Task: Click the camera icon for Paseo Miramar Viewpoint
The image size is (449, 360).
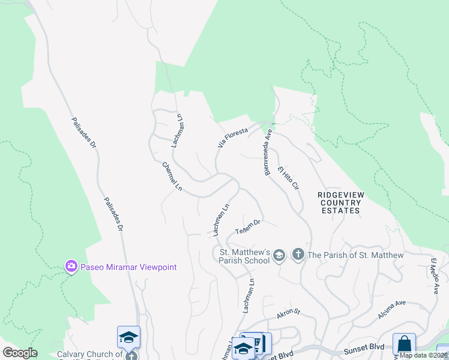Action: pos(71,266)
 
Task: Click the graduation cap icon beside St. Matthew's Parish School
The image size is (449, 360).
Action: pos(279,256)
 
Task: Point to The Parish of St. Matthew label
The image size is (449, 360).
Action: pos(356,255)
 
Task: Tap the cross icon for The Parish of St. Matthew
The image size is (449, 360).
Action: pos(298,255)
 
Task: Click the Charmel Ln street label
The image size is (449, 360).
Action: pos(172,176)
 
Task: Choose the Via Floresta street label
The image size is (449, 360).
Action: pos(233,137)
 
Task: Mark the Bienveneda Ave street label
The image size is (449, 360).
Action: pos(268,152)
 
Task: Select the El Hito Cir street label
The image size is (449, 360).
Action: pos(288,178)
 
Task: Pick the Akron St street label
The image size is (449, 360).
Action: pos(288,314)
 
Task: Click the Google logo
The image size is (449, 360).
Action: pos(20,353)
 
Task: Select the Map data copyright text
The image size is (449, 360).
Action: pos(424,355)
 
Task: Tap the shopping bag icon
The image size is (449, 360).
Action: pos(404,346)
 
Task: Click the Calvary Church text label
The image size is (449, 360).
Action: pos(89,355)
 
